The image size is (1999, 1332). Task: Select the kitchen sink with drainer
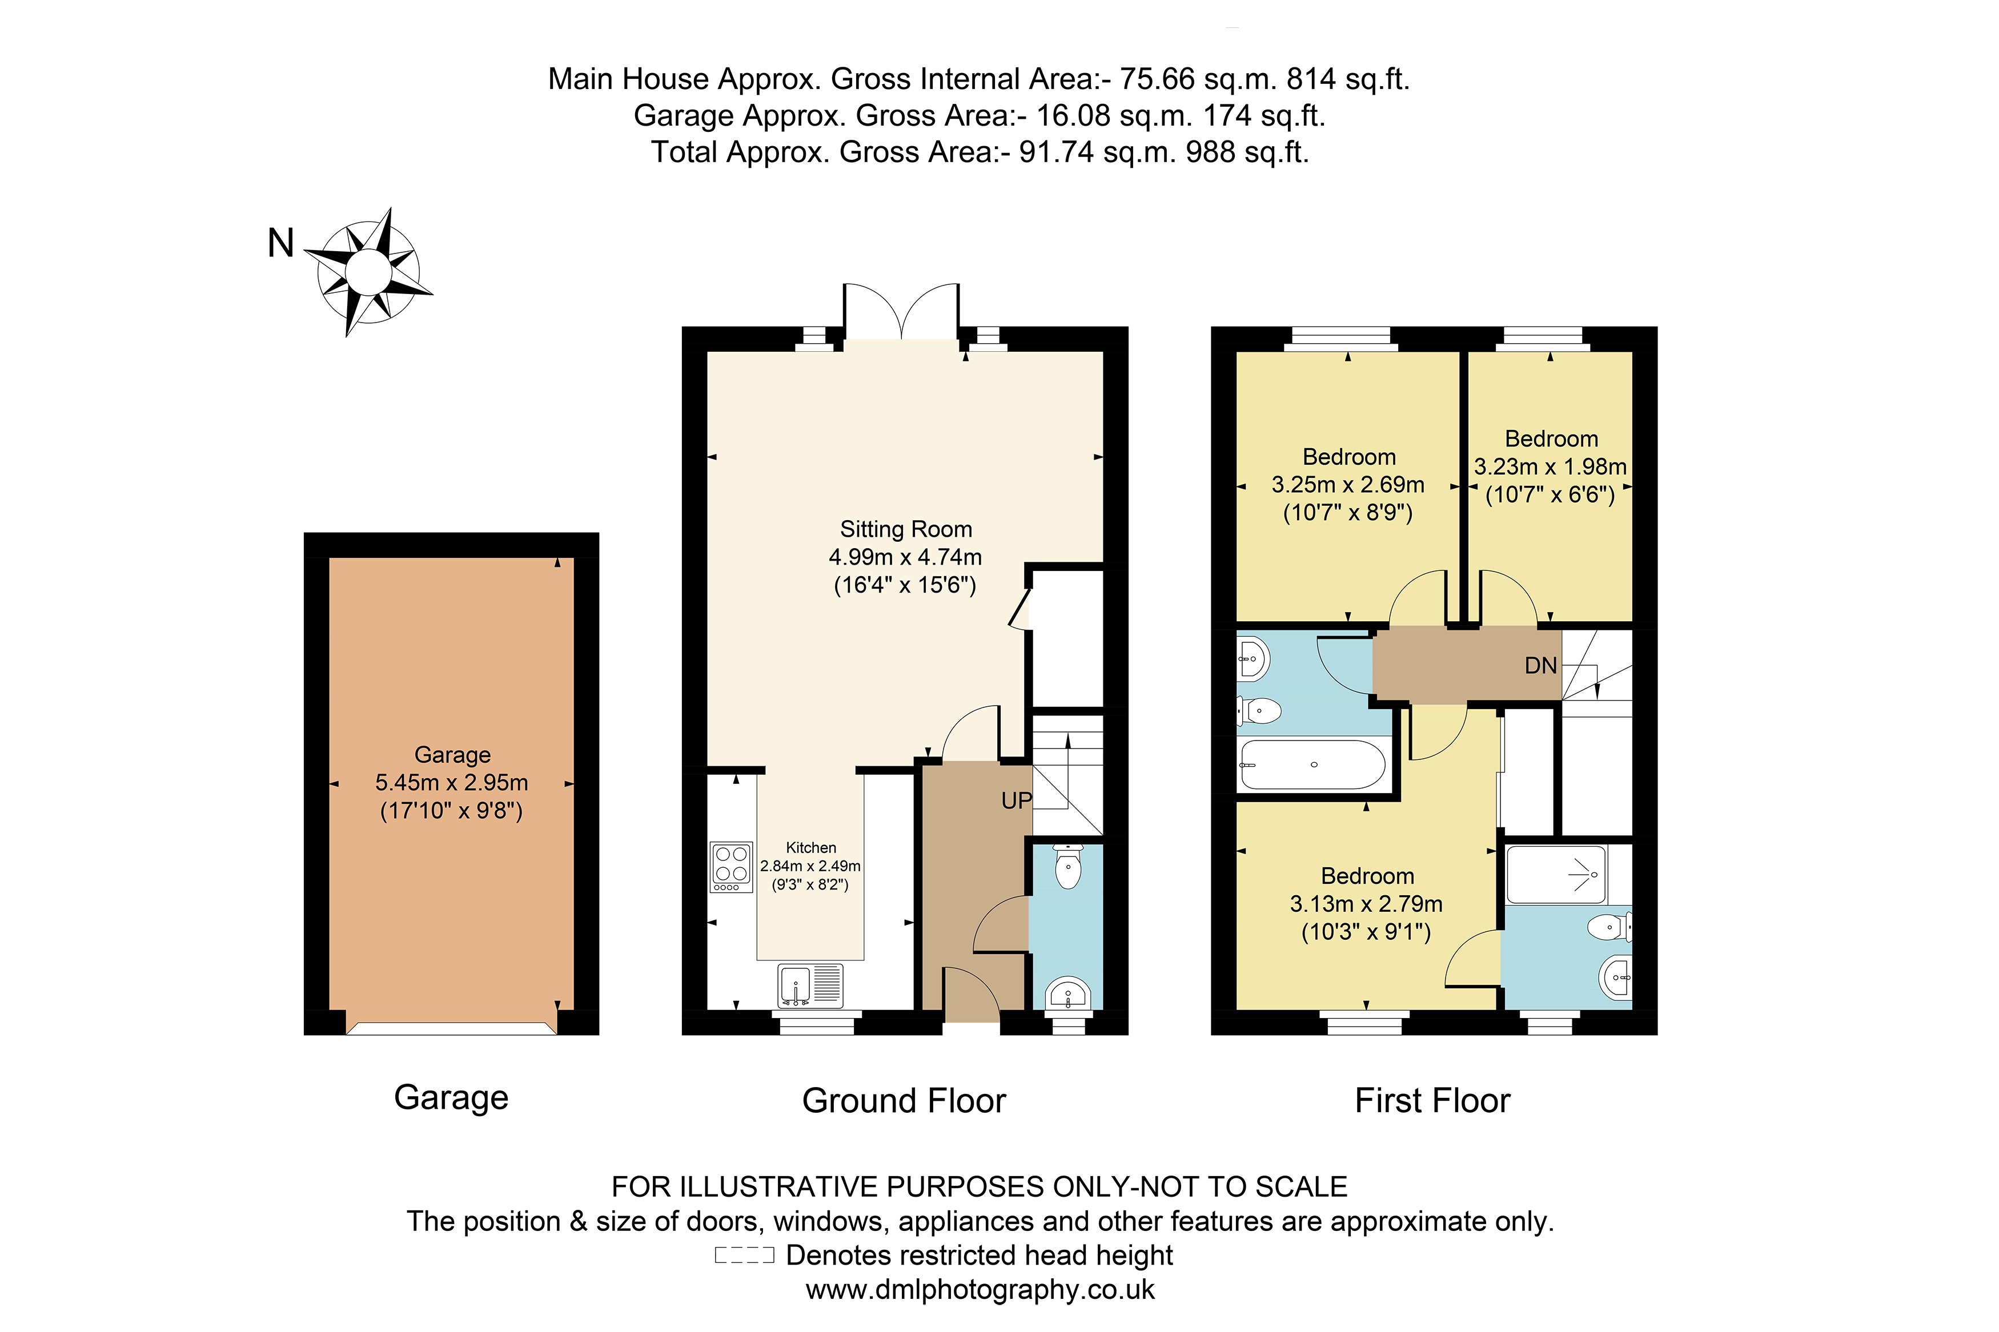810,985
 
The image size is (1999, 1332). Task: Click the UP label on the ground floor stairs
1016,800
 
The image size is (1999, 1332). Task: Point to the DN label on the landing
1540,665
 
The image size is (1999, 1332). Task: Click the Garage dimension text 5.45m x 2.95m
451,782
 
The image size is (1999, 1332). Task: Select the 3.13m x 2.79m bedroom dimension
1366,904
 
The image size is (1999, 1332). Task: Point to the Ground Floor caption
904,1101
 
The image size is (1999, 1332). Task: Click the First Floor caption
1432,1101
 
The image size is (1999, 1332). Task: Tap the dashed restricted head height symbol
744,1255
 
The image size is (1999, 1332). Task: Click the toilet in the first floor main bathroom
1260,710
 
